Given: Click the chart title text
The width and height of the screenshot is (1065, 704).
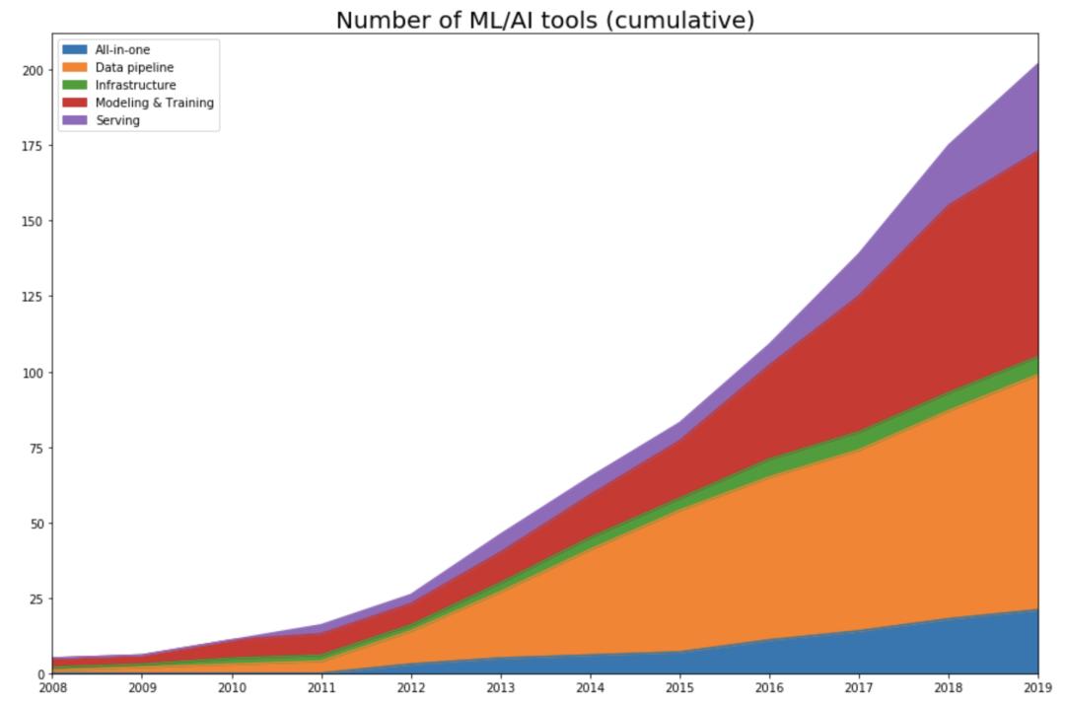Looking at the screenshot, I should (545, 20).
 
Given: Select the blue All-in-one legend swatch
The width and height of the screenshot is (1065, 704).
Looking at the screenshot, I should (75, 49).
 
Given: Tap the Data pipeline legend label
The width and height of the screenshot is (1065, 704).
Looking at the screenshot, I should (134, 67).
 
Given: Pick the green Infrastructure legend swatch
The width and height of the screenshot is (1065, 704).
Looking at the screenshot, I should (75, 85).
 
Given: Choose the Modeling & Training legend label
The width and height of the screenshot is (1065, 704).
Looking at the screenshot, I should (154, 103).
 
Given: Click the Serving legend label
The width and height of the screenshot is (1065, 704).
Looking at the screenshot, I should (117, 120).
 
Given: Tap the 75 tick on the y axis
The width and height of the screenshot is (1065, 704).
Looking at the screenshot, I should (35, 448).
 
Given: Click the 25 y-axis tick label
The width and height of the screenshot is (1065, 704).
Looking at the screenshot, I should (35, 598).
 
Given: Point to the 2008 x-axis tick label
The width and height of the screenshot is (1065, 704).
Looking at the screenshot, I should (52, 687).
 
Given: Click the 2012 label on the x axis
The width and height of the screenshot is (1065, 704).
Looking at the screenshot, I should (410, 687).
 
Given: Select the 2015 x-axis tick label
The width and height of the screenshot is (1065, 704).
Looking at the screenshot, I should (679, 687).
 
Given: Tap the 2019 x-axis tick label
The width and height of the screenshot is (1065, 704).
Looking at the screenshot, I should (1038, 687).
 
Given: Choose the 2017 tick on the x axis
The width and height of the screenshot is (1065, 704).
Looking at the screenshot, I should (859, 687).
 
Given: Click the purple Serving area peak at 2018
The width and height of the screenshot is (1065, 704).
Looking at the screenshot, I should (949, 163).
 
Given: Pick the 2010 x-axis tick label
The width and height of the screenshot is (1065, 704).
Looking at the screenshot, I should (232, 687).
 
